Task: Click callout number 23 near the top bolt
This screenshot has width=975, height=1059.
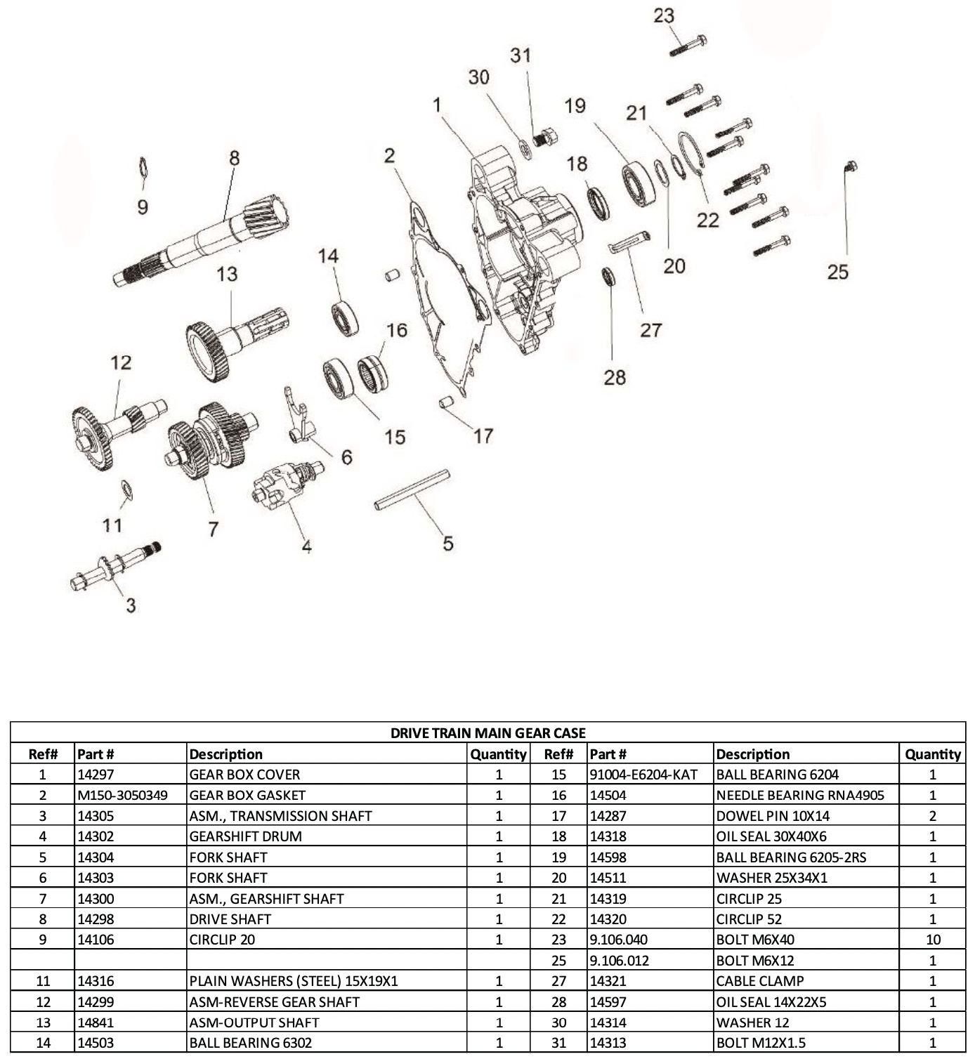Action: coord(663,15)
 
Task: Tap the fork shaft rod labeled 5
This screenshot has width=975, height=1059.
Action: coord(412,490)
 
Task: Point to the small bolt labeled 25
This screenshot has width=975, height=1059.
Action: coord(850,167)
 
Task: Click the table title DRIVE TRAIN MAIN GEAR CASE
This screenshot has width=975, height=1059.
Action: coord(488,733)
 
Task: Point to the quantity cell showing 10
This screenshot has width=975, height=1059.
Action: coord(932,940)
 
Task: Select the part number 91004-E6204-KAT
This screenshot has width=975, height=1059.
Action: coord(643,775)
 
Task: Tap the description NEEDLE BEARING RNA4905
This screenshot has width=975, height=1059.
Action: coord(799,796)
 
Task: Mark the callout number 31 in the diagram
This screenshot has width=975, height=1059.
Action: coord(521,55)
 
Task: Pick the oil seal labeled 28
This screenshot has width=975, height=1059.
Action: coord(609,277)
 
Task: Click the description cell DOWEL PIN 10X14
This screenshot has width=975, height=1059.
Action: coord(772,817)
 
